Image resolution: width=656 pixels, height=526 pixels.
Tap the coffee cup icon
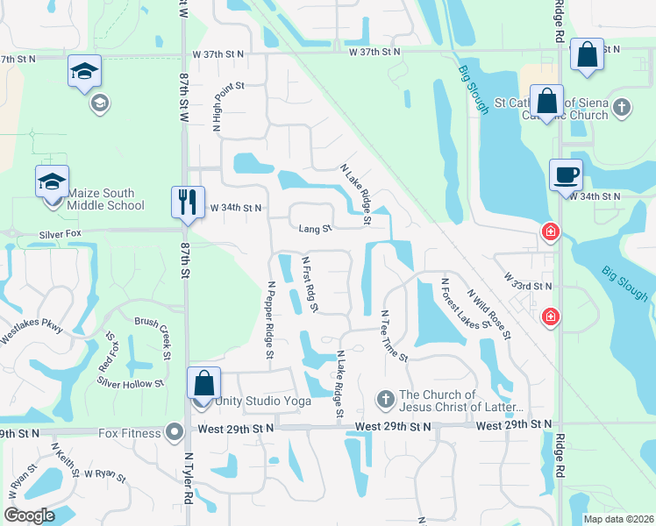click(x=566, y=174)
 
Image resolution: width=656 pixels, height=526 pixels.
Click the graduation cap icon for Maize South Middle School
click(x=52, y=181)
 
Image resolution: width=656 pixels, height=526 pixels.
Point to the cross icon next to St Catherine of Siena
click(x=622, y=107)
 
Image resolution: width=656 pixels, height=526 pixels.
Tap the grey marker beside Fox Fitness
click(x=174, y=431)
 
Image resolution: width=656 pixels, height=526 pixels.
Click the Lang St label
click(x=315, y=229)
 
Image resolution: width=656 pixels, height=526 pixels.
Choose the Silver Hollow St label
click(x=131, y=383)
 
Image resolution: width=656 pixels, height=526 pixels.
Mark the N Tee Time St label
click(x=394, y=335)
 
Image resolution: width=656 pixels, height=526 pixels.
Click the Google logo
click(x=29, y=515)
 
